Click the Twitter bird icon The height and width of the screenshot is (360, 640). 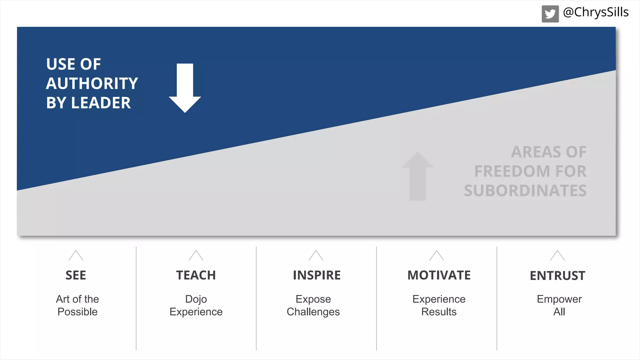pyautogui.click(x=550, y=14)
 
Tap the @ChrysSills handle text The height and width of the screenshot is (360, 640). pyautogui.click(x=596, y=12)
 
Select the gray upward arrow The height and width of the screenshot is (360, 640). pyautogui.click(x=417, y=177)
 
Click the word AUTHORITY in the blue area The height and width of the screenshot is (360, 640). pyautogui.click(x=92, y=83)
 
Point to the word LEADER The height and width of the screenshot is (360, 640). pyautogui.click(x=101, y=103)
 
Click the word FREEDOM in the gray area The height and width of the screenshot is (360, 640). pyautogui.click(x=512, y=171)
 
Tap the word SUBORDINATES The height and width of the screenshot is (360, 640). pyautogui.click(x=525, y=191)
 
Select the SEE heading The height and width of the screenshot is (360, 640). pyautogui.click(x=76, y=275)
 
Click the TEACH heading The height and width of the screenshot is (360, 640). pyautogui.click(x=196, y=275)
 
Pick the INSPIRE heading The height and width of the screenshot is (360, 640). pyautogui.click(x=317, y=275)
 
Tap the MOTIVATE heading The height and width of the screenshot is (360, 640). pyautogui.click(x=439, y=275)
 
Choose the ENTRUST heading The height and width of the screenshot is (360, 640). pyautogui.click(x=557, y=276)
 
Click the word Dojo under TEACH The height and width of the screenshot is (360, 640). pyautogui.click(x=196, y=299)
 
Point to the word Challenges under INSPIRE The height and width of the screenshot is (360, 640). pyautogui.click(x=313, y=312)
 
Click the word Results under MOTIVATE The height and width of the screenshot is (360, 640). pyautogui.click(x=439, y=312)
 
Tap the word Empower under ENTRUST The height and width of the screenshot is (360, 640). pyautogui.click(x=559, y=299)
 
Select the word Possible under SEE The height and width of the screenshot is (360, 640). pyautogui.click(x=77, y=312)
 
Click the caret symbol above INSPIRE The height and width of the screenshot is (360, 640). pyautogui.click(x=316, y=256)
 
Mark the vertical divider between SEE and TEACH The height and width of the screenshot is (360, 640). pyautogui.click(x=136, y=298)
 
